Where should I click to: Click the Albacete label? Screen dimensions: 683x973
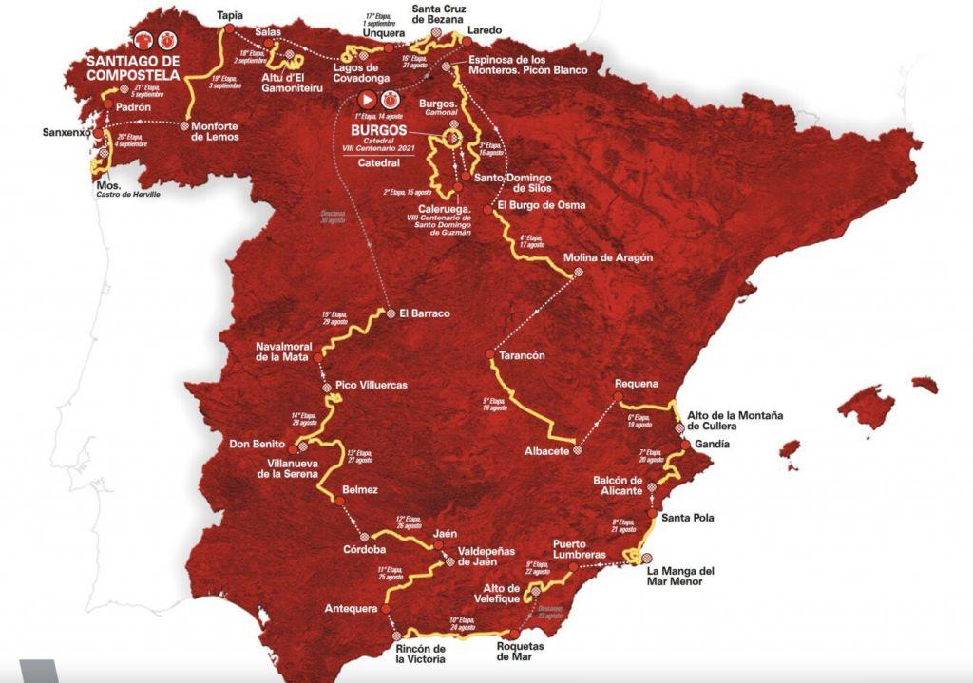click(x=546, y=451)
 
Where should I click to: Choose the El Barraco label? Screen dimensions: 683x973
click(x=424, y=313)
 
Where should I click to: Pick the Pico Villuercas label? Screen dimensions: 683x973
click(x=372, y=385)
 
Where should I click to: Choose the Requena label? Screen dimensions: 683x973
click(x=636, y=384)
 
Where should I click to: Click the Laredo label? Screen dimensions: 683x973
click(x=485, y=30)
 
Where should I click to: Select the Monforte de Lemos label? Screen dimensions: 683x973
click(x=215, y=130)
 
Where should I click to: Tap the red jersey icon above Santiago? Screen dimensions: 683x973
click(x=143, y=41)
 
